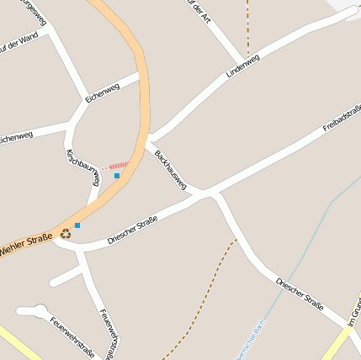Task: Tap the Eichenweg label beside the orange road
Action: coord(103,91)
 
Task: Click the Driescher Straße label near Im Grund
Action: coord(300,291)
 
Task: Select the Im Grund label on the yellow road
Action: coord(353,312)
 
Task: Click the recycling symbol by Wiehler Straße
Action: coord(65,235)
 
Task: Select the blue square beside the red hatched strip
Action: coord(117,176)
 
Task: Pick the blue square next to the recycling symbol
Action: coord(77,225)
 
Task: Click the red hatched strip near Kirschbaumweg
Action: coord(119,166)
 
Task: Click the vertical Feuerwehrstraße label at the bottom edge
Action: coord(108,333)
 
